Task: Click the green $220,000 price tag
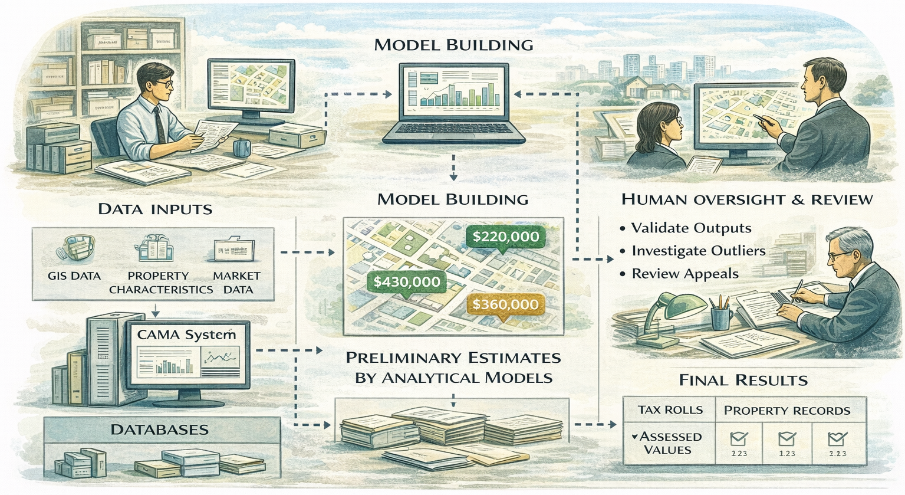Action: point(505,237)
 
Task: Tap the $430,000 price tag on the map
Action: point(407,282)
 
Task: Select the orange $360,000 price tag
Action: point(505,304)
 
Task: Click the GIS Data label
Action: point(74,276)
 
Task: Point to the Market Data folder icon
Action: point(234,250)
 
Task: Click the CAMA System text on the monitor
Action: point(186,335)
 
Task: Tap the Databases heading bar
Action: point(160,430)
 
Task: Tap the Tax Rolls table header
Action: point(670,410)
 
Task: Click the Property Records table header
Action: point(786,411)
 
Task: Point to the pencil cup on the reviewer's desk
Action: point(721,316)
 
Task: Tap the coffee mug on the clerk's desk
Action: point(241,147)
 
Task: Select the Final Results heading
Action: point(743,380)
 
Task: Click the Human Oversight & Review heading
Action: point(746,199)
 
